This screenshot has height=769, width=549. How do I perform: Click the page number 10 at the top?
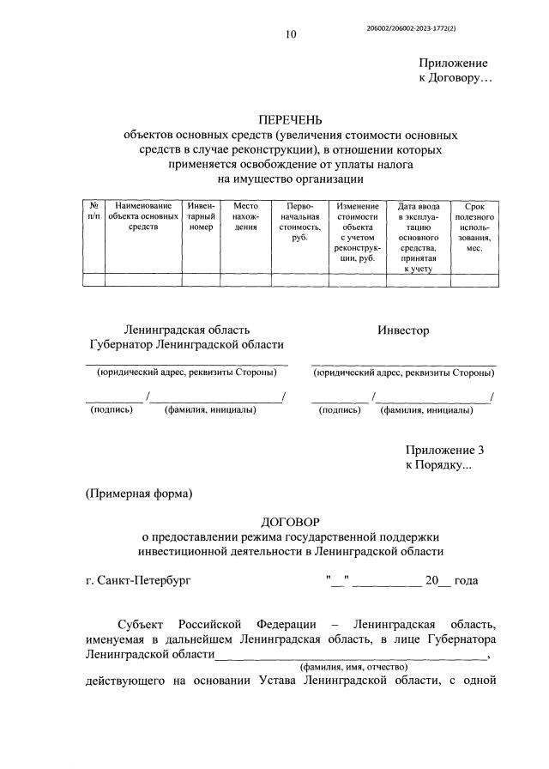click(291, 35)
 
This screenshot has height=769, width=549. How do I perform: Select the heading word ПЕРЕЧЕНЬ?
click(290, 121)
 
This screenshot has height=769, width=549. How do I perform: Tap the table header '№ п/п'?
click(94, 211)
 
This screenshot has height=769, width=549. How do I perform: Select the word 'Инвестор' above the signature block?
click(403, 330)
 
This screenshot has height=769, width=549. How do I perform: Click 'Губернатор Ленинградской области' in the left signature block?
click(186, 345)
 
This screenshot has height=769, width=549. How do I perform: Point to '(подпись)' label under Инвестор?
click(340, 410)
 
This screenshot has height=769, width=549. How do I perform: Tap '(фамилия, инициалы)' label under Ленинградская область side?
click(209, 410)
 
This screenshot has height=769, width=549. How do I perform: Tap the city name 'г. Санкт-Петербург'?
click(138, 580)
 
